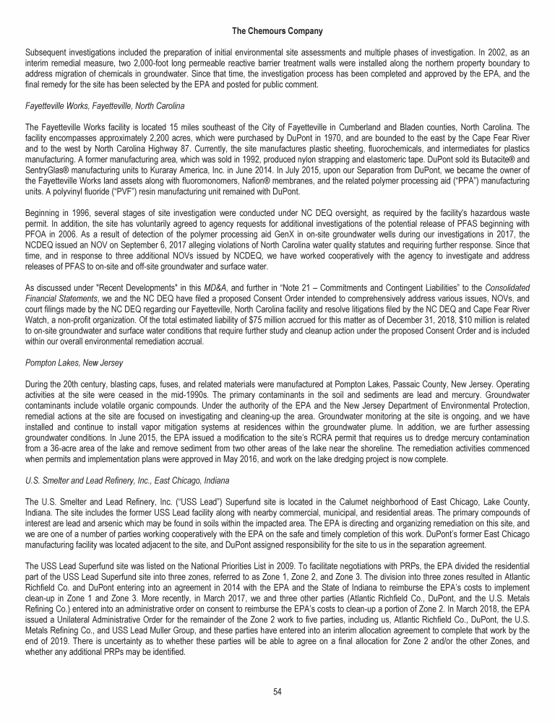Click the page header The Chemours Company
[277, 32]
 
